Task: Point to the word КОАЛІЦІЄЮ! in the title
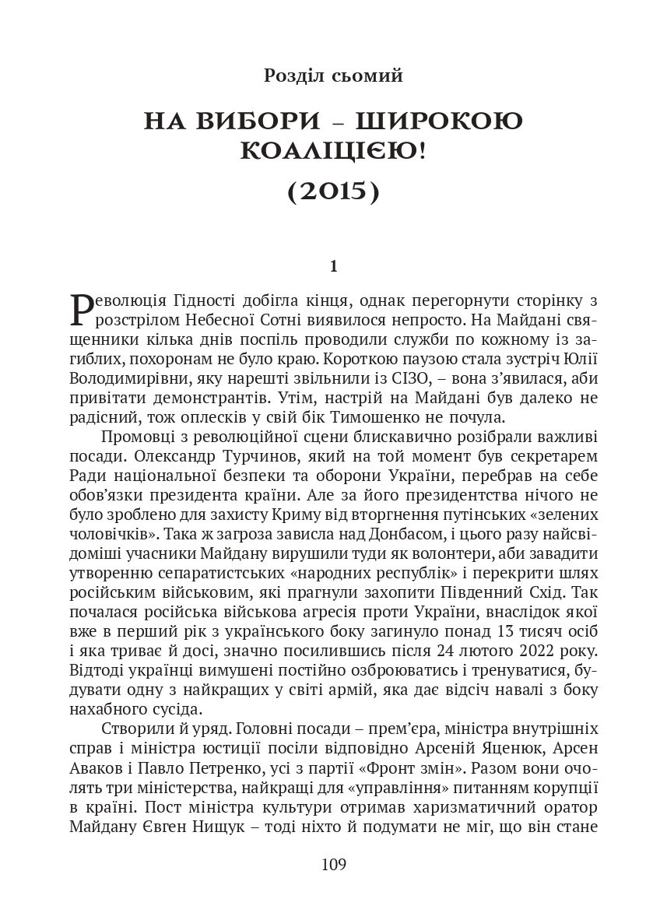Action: pos(333,152)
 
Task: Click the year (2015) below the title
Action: pos(333,191)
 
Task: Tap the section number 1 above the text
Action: pos(333,267)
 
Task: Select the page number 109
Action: pos(333,864)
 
